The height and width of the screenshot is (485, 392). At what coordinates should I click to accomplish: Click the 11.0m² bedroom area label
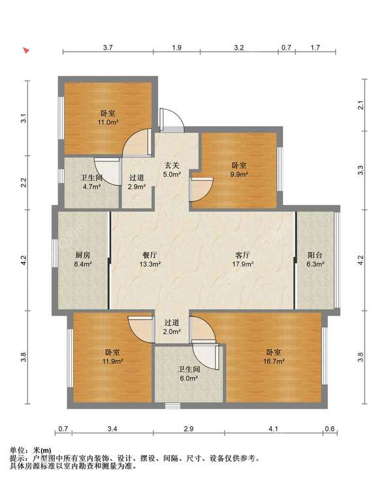coord(108,122)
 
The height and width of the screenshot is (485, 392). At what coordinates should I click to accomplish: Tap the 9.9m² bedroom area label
coord(238,174)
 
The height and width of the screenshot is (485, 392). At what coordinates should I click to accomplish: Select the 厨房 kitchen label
coord(83,255)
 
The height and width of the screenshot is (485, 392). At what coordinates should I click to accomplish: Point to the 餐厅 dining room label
coord(150,255)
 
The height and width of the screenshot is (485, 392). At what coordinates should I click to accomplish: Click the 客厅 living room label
coord(242,255)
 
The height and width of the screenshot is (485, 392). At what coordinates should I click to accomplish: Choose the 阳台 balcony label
coord(315,255)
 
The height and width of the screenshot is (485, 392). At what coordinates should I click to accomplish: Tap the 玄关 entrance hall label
coord(172,165)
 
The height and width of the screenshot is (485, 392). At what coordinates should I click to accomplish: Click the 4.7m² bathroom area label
coord(92,186)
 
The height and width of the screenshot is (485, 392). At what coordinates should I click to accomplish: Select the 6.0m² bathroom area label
coord(189,378)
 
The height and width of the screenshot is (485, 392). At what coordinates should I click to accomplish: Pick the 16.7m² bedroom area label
coord(274,361)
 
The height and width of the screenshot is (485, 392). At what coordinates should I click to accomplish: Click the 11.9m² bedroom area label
coord(113,361)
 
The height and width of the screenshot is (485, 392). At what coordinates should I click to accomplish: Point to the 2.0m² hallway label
coord(172,331)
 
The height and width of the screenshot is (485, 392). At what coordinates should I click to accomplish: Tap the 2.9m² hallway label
coord(137,186)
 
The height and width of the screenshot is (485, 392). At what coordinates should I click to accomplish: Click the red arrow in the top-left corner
coord(27,50)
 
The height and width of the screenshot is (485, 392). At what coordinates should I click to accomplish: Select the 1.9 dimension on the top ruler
coord(176,48)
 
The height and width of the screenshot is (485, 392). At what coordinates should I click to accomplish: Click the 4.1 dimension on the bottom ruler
coord(273,429)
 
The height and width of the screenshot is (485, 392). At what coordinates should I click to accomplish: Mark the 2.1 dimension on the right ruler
coord(361,105)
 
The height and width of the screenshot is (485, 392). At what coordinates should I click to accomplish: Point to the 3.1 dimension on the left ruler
coord(24,119)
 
